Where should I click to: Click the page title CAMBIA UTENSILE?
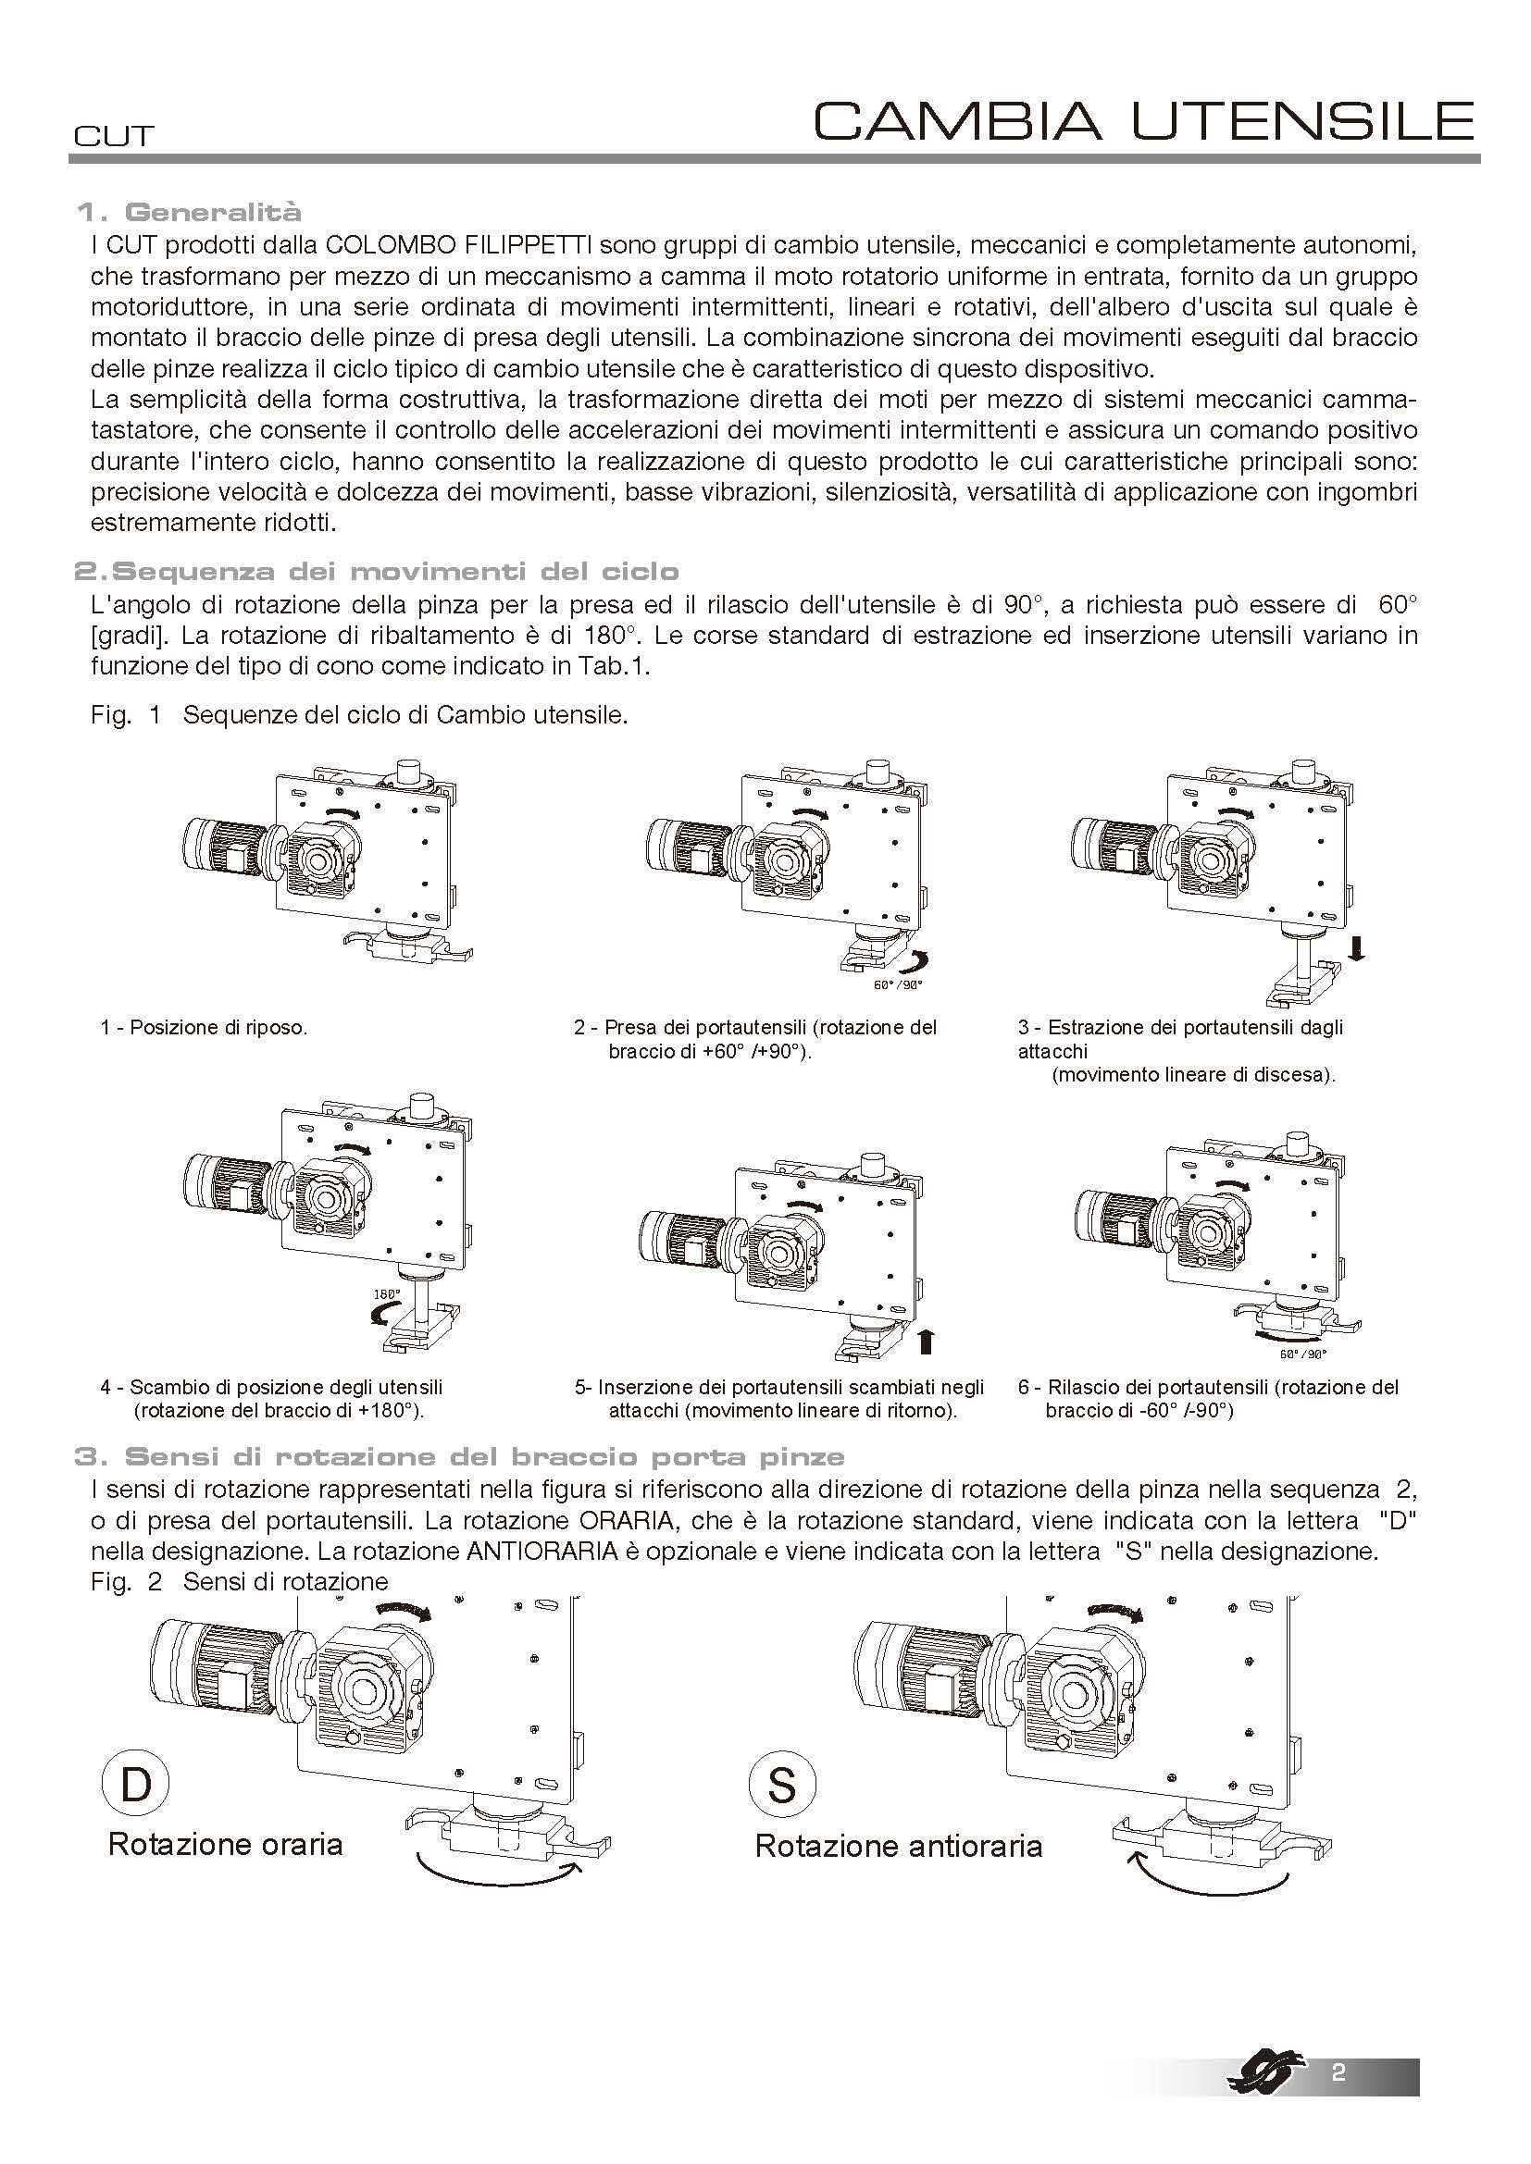[x=1143, y=121]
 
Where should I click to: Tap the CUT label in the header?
[x=113, y=137]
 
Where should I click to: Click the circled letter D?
[x=136, y=1785]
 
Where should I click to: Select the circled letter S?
[x=781, y=1785]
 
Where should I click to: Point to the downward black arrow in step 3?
[x=1357, y=948]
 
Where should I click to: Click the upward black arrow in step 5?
[x=925, y=1340]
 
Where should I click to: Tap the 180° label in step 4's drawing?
[x=388, y=1295]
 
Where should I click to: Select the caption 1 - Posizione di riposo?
[x=205, y=1027]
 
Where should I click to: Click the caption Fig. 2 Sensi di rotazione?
[x=240, y=1580]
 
